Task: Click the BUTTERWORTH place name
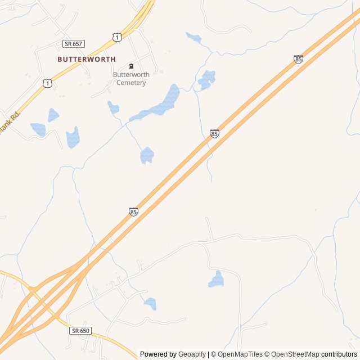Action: coord(87,59)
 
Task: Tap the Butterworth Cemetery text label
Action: coord(129,79)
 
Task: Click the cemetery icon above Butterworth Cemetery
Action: coord(132,66)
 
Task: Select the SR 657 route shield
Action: coord(74,43)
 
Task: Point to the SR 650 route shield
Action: coord(80,331)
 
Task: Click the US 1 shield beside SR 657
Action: coord(116,37)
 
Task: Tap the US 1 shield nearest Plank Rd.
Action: coord(47,83)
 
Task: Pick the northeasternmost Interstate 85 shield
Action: coord(298,59)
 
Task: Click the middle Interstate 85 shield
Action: coord(214,133)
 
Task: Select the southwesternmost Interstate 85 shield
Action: coord(133,211)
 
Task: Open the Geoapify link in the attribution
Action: coord(192,354)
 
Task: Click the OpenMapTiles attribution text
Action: coord(240,354)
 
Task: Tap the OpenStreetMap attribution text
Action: coord(292,354)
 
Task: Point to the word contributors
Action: coord(339,354)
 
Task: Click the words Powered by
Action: coord(158,354)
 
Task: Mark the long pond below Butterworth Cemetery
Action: coord(157,105)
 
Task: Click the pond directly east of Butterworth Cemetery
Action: coord(207,79)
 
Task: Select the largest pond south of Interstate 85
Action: coord(217,280)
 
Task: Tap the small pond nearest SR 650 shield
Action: coord(150,304)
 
